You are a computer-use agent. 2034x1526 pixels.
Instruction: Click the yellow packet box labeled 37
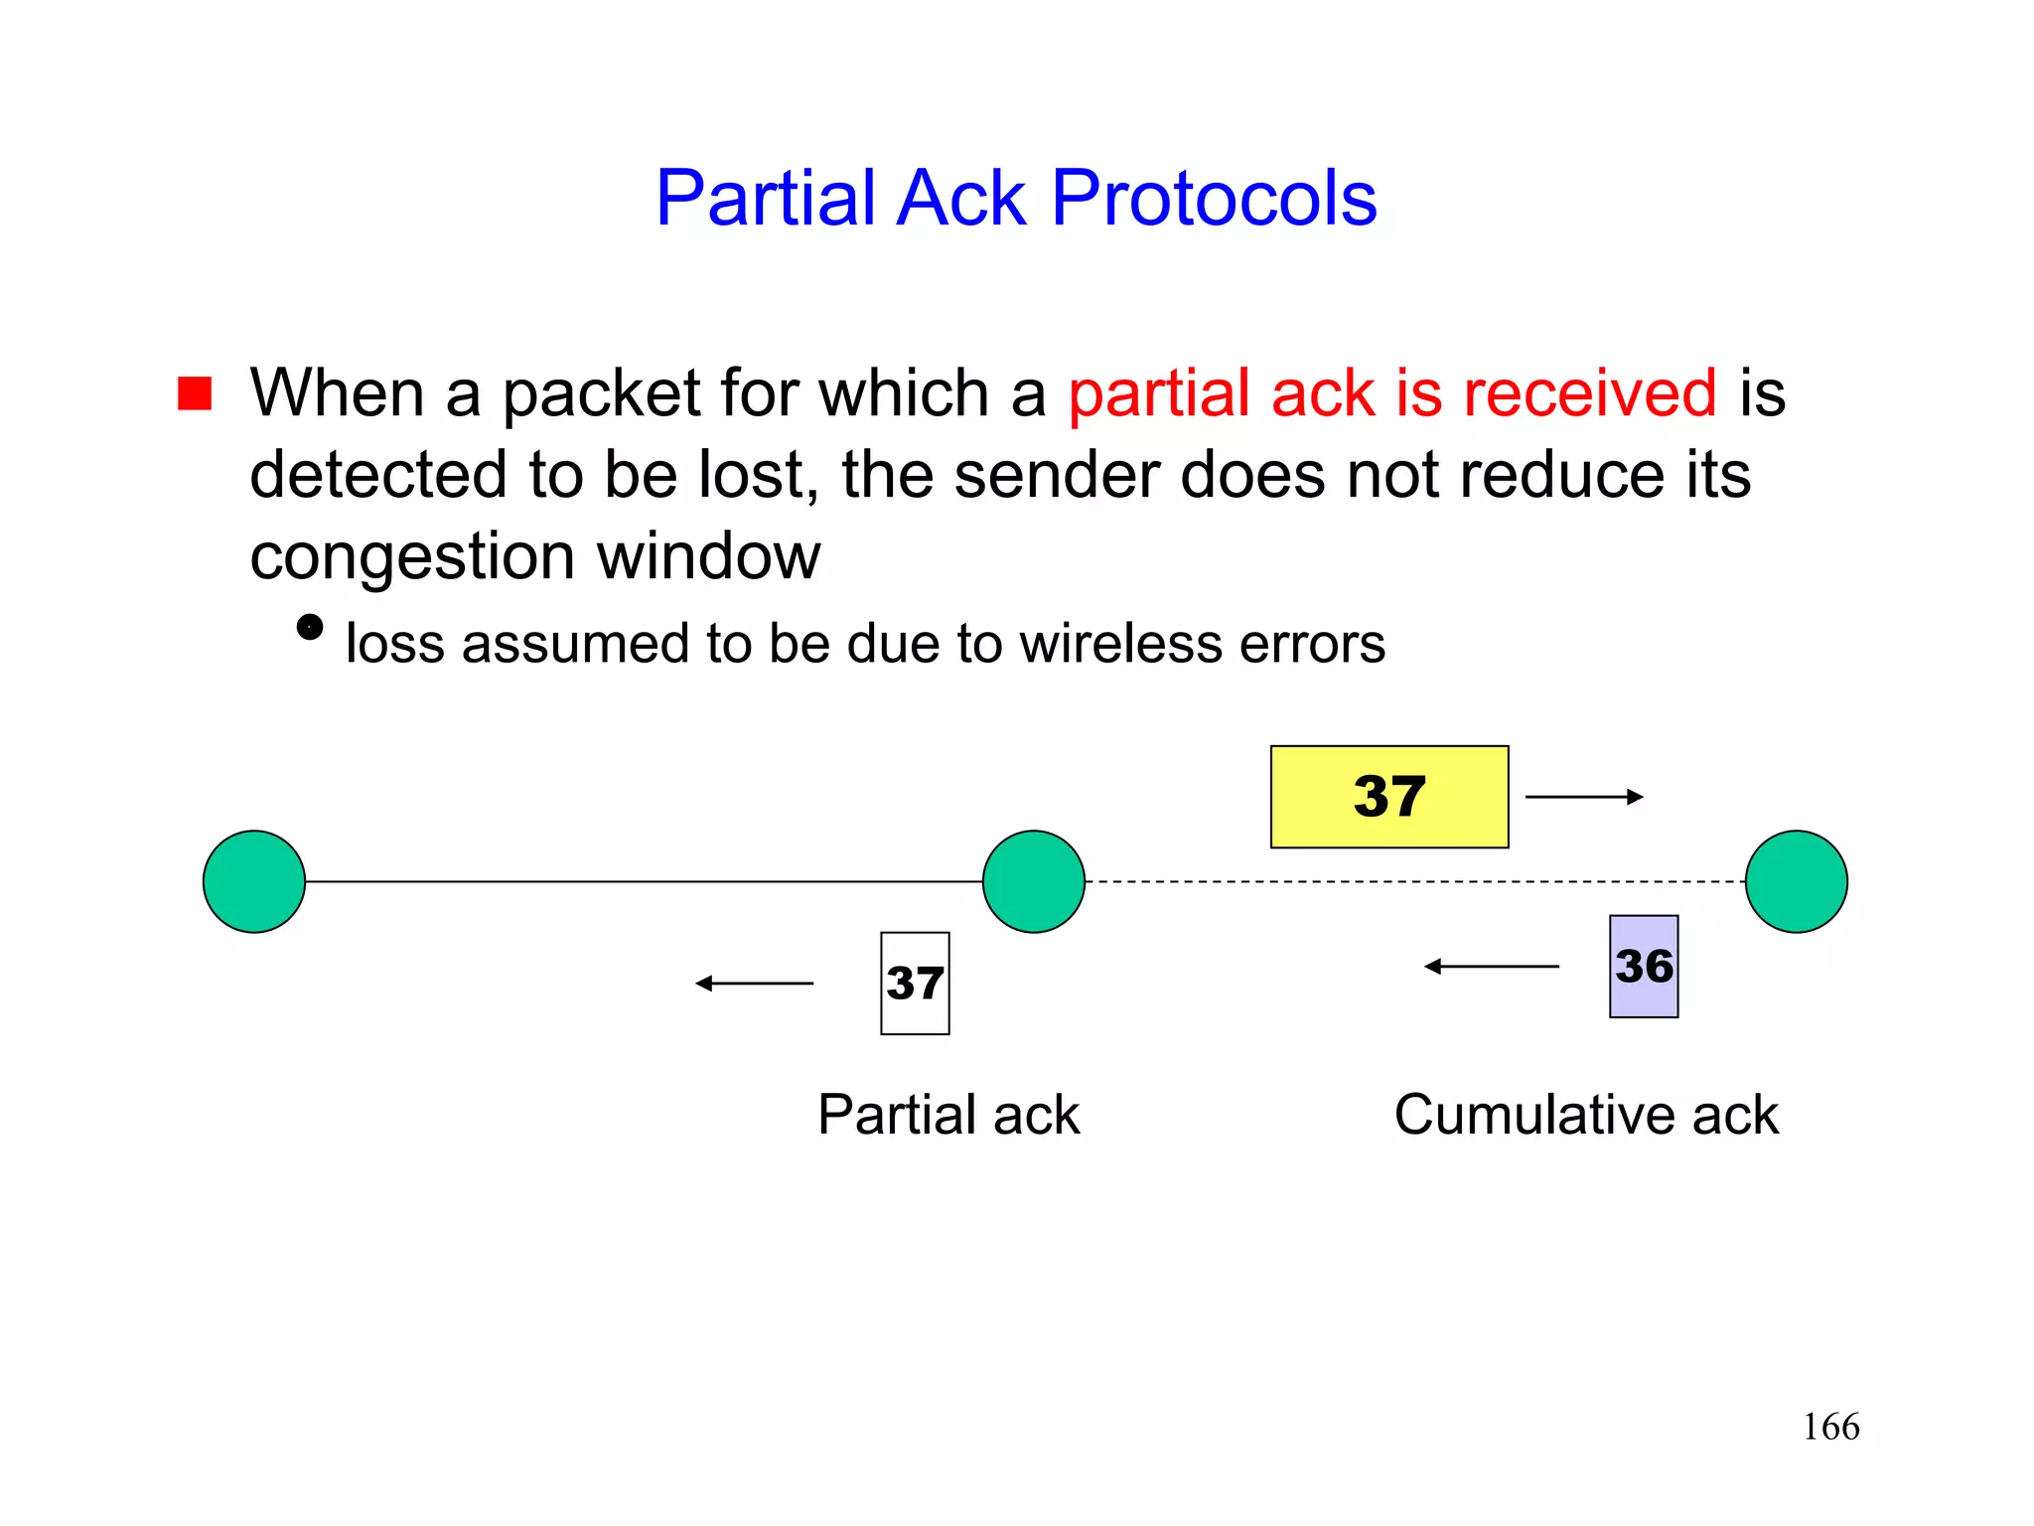point(1388,797)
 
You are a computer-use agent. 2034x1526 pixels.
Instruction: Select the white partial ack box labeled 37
point(915,984)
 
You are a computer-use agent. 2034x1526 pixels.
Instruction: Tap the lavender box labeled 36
point(1644,967)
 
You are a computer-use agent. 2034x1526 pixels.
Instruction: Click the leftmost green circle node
point(254,881)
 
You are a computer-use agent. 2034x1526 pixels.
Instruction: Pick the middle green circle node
point(1033,881)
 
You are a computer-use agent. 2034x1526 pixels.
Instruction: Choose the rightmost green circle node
point(1796,881)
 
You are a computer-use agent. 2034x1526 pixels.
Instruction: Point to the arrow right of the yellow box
point(1584,797)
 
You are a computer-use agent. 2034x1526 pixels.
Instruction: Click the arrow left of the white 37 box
point(755,984)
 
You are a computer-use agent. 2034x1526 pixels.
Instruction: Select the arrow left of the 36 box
point(1492,966)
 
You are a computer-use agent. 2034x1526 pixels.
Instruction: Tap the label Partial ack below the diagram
point(947,1115)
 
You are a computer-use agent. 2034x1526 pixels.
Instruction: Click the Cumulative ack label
point(1586,1115)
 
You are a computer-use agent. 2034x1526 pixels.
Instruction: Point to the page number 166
point(1830,1427)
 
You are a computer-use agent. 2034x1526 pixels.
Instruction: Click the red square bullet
point(195,393)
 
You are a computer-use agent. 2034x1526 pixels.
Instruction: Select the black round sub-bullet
point(310,628)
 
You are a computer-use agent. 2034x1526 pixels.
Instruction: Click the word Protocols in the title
point(1214,199)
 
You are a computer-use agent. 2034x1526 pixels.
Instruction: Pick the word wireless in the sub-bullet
point(1120,644)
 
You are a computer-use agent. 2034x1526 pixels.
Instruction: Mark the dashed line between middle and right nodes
point(1414,881)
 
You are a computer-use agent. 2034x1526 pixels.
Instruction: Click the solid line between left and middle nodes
point(644,881)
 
